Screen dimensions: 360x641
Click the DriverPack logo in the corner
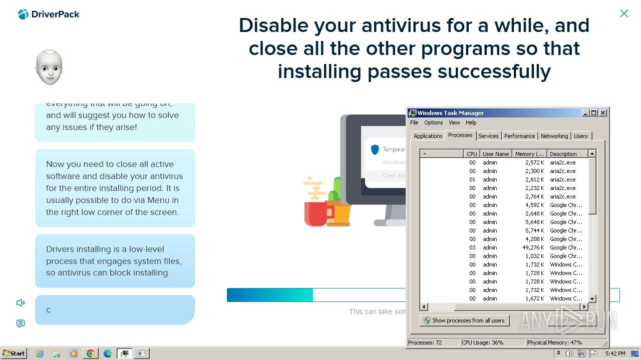(48, 14)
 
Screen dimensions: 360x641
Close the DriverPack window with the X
(624, 13)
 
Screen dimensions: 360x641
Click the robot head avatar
(49, 67)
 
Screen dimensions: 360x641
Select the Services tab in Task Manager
(488, 136)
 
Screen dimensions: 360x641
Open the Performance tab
(519, 136)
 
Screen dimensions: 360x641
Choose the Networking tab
(554, 136)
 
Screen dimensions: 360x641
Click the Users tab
(581, 136)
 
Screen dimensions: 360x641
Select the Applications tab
(428, 136)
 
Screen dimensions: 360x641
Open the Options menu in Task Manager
(433, 122)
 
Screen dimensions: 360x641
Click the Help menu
(471, 122)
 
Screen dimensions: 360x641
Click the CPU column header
(472, 154)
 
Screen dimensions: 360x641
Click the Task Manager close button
(603, 113)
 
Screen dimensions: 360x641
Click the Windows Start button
(14, 353)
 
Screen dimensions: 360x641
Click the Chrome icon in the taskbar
(91, 353)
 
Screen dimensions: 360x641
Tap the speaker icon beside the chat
(21, 302)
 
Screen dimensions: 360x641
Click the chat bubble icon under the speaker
(21, 323)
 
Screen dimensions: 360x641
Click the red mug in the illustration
(315, 212)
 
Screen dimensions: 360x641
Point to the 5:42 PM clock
(615, 353)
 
